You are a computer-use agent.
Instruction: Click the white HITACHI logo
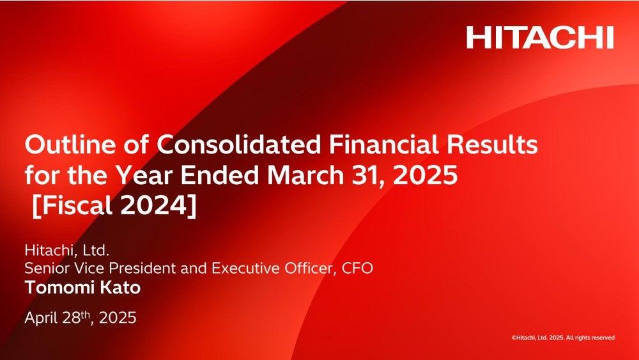(540, 38)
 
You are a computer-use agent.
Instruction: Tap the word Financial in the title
(383, 145)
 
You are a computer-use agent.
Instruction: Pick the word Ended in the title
(220, 175)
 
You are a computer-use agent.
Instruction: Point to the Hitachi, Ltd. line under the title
(67, 250)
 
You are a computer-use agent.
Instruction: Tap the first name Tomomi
(59, 288)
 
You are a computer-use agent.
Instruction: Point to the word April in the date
(41, 318)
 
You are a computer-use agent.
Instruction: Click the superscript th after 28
(85, 314)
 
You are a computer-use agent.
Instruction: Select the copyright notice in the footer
(563, 338)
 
